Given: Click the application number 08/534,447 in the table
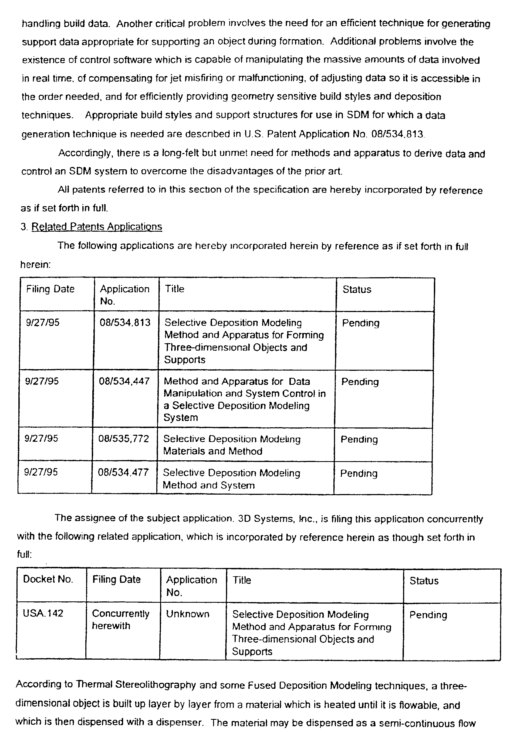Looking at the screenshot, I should (x=124, y=381).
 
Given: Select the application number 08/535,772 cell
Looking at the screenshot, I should (x=124, y=439).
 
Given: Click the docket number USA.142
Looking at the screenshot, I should (x=43, y=613).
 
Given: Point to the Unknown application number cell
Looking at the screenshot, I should (x=188, y=614).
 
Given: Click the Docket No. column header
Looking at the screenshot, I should (x=48, y=579).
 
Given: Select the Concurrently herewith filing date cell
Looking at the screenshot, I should (x=120, y=619).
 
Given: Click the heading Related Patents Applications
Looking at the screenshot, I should (x=96, y=227).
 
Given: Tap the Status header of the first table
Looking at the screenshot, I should (x=357, y=289).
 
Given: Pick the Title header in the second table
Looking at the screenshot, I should (x=242, y=580).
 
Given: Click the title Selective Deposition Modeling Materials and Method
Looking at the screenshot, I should (x=232, y=445).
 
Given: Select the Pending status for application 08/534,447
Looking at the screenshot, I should (x=360, y=382).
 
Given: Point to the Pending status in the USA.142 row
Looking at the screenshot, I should (x=428, y=615).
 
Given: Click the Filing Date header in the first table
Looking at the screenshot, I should (x=50, y=289).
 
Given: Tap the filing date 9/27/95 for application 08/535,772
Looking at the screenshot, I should (x=41, y=439).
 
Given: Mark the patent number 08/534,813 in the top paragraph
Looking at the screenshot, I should (x=397, y=134).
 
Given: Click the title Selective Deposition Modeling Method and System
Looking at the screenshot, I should (x=231, y=479).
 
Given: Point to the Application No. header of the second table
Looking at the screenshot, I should (x=191, y=586).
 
